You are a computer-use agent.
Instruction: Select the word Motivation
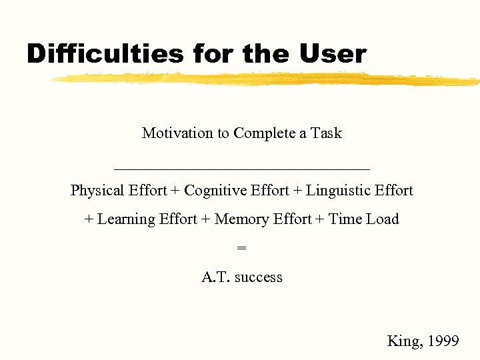[178, 133]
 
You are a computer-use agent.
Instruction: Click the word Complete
[264, 133]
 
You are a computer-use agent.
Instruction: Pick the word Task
[326, 133]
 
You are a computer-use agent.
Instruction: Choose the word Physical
[97, 191]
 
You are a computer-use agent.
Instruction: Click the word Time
[345, 219]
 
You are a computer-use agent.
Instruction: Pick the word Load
[382, 219]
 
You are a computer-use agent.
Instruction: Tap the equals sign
[241, 248]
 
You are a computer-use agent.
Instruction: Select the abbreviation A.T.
[215, 277]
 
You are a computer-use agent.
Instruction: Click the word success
[259, 277]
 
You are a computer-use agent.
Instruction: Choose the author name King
[403, 341]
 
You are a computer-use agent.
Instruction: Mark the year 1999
[443, 341]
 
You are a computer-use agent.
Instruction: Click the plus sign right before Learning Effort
[89, 220]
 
